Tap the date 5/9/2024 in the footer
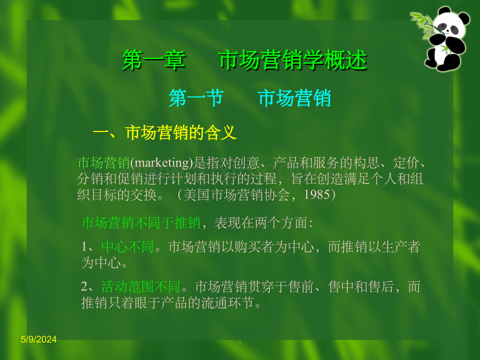point(39,340)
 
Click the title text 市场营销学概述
point(293,61)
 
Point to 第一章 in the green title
point(153,61)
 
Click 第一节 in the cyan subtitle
point(196,98)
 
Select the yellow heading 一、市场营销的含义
point(165,133)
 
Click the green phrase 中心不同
point(128,247)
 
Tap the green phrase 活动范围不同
point(140,286)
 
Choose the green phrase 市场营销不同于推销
point(141,223)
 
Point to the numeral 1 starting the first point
point(85,247)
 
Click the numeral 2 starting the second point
point(85,286)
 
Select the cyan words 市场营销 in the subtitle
point(294,98)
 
